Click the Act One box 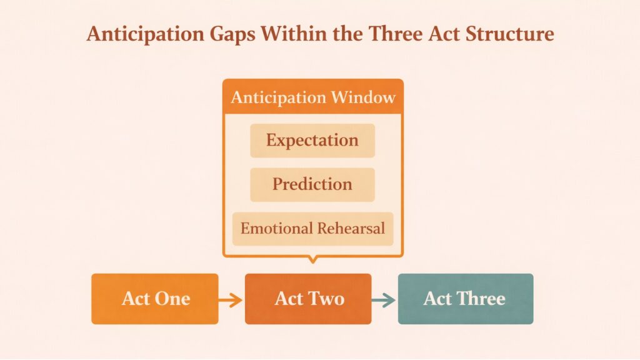pyautogui.click(x=154, y=299)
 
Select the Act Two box pyautogui.click(x=308, y=299)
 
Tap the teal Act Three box pyautogui.click(x=465, y=299)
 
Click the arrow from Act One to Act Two pyautogui.click(x=231, y=300)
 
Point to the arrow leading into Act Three pyautogui.click(x=384, y=300)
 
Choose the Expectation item pyautogui.click(x=312, y=140)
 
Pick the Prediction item pyautogui.click(x=312, y=184)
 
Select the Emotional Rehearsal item pyautogui.click(x=312, y=228)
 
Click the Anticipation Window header pyautogui.click(x=312, y=97)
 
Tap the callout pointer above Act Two pyautogui.click(x=312, y=259)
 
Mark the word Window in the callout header pyautogui.click(x=362, y=97)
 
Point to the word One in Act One pyautogui.click(x=173, y=299)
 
